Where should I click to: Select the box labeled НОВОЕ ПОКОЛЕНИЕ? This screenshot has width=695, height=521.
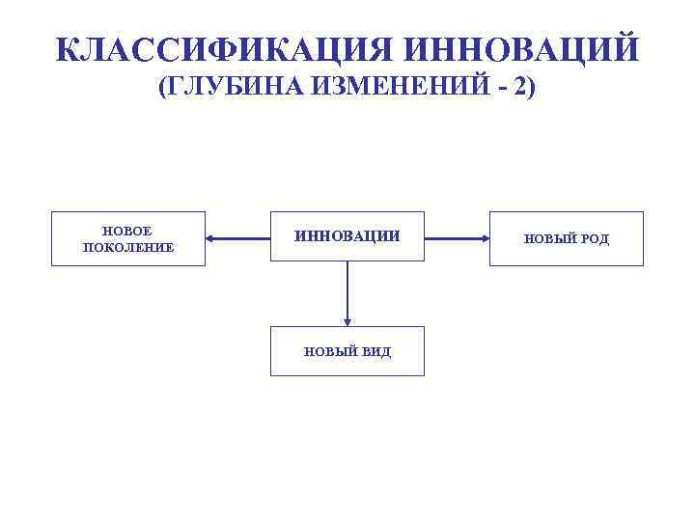coord(128,238)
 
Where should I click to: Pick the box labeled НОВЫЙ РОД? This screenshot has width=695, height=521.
coord(567,238)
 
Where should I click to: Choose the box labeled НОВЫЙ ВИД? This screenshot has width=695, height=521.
coord(347,351)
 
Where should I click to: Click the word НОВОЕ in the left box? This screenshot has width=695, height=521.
coord(128,231)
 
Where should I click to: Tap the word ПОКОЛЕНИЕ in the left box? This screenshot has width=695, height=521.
coord(128,247)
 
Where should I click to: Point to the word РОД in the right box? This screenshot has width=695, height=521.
coord(594,238)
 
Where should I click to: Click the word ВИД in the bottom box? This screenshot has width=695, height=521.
coord(376,352)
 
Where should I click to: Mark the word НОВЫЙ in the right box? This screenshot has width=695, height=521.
coord(549,238)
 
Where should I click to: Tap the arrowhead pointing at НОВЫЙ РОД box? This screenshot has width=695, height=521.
coord(483,237)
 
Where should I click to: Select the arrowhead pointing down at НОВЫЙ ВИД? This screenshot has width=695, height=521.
coord(347,320)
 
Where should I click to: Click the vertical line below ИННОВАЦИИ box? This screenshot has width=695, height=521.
coord(347,289)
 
